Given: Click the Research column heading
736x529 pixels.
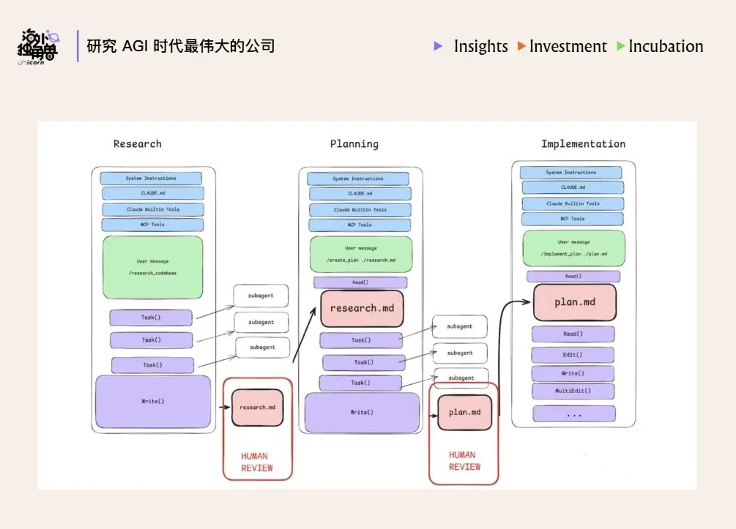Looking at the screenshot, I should click(x=137, y=143).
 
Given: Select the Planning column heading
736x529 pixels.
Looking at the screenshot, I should click(x=354, y=143).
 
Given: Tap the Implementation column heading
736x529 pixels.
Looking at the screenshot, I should click(x=583, y=143).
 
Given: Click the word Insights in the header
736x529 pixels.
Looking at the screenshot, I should click(x=480, y=46).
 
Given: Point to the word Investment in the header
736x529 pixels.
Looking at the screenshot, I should click(x=568, y=46).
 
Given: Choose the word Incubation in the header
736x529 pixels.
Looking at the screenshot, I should click(x=665, y=46).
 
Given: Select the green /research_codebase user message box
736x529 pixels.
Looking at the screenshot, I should click(x=153, y=267).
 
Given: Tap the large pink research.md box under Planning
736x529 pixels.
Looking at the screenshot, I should click(x=362, y=308).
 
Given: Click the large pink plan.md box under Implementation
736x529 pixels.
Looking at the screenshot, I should click(x=574, y=302).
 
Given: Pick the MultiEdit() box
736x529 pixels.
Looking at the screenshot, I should click(x=573, y=391).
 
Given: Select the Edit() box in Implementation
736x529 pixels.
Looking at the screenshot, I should click(x=573, y=355).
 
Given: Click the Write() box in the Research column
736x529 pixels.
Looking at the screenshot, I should click(x=152, y=402).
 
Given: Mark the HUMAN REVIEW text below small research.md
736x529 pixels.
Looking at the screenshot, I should click(x=257, y=462).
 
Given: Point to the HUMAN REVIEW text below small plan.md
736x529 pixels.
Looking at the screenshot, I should click(x=464, y=461).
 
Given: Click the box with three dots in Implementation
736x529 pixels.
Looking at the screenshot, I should click(x=573, y=414).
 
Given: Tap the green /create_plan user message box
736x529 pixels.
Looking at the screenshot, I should click(x=360, y=254).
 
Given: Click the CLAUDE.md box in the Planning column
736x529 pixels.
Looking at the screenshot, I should click(x=360, y=194).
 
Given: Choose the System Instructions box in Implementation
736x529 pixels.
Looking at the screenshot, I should click(x=570, y=173).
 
